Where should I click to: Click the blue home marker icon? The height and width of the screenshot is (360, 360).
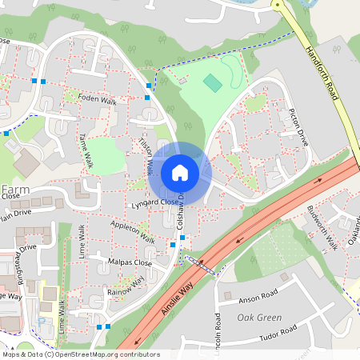click(x=180, y=172)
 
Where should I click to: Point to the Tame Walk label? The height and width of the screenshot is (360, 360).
click(x=86, y=150)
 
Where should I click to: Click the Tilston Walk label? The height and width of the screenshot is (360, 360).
click(x=146, y=154)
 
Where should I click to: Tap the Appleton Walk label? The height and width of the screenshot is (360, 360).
click(x=133, y=238)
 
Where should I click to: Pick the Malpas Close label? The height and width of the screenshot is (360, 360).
click(x=128, y=262)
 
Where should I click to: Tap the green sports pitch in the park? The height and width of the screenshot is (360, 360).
click(x=212, y=82)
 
